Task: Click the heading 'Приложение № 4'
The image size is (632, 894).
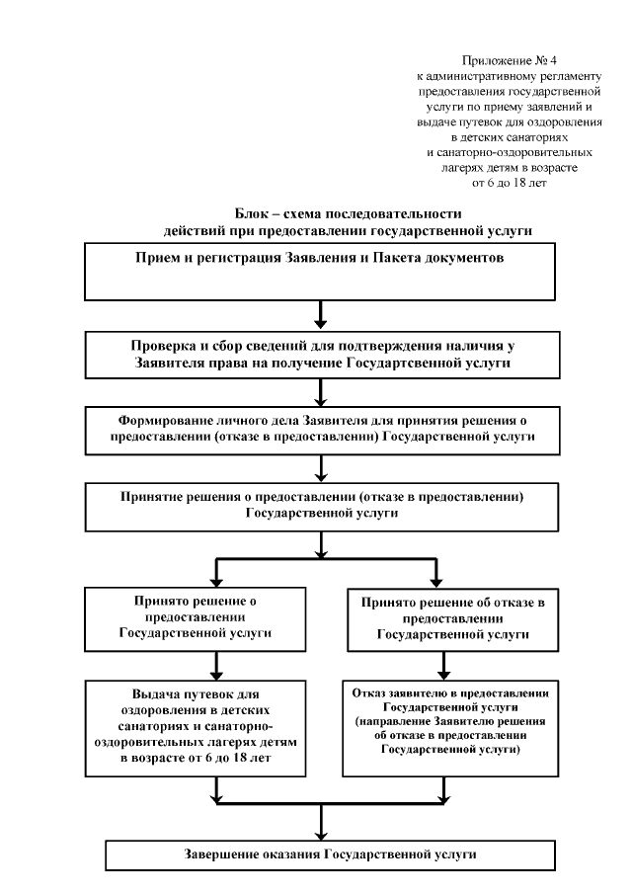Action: coord(510,61)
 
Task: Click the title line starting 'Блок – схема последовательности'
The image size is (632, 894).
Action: coord(349,213)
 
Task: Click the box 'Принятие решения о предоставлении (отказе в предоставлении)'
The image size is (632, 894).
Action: coord(321,506)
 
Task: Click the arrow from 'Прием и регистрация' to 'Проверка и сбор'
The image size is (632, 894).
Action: coord(321,315)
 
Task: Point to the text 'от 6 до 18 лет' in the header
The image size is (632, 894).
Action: coord(510,183)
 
